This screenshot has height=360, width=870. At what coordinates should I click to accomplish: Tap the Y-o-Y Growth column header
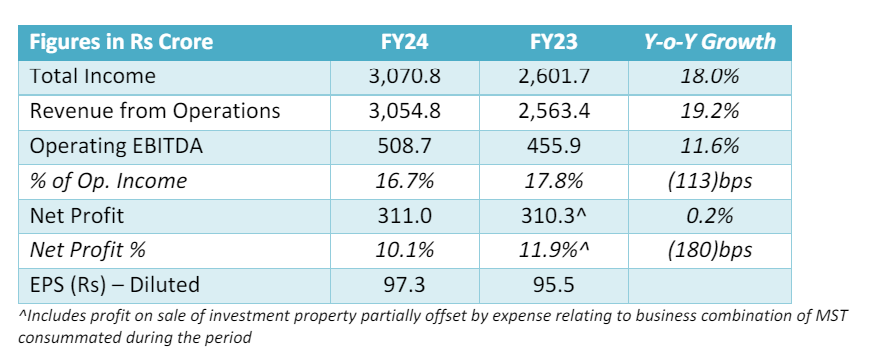(x=709, y=42)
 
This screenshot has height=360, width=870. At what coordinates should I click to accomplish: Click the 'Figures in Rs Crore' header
(x=120, y=42)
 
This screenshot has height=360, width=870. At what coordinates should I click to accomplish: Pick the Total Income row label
(x=93, y=76)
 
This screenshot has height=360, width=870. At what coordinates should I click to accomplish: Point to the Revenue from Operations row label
(x=155, y=111)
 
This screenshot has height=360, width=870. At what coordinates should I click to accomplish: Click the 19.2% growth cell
(x=709, y=111)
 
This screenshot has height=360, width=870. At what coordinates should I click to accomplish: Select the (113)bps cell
(x=709, y=181)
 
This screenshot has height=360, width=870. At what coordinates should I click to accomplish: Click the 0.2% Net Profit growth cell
(x=709, y=216)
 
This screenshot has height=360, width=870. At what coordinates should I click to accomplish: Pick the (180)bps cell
(x=709, y=251)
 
